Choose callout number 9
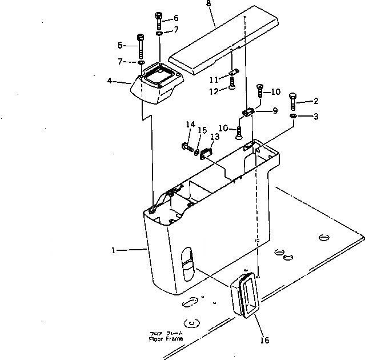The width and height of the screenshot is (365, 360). coord(275,111)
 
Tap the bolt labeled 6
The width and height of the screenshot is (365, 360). coord(158,21)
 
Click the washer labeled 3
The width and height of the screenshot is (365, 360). coord(292,117)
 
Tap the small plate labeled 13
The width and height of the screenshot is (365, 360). coord(206,153)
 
